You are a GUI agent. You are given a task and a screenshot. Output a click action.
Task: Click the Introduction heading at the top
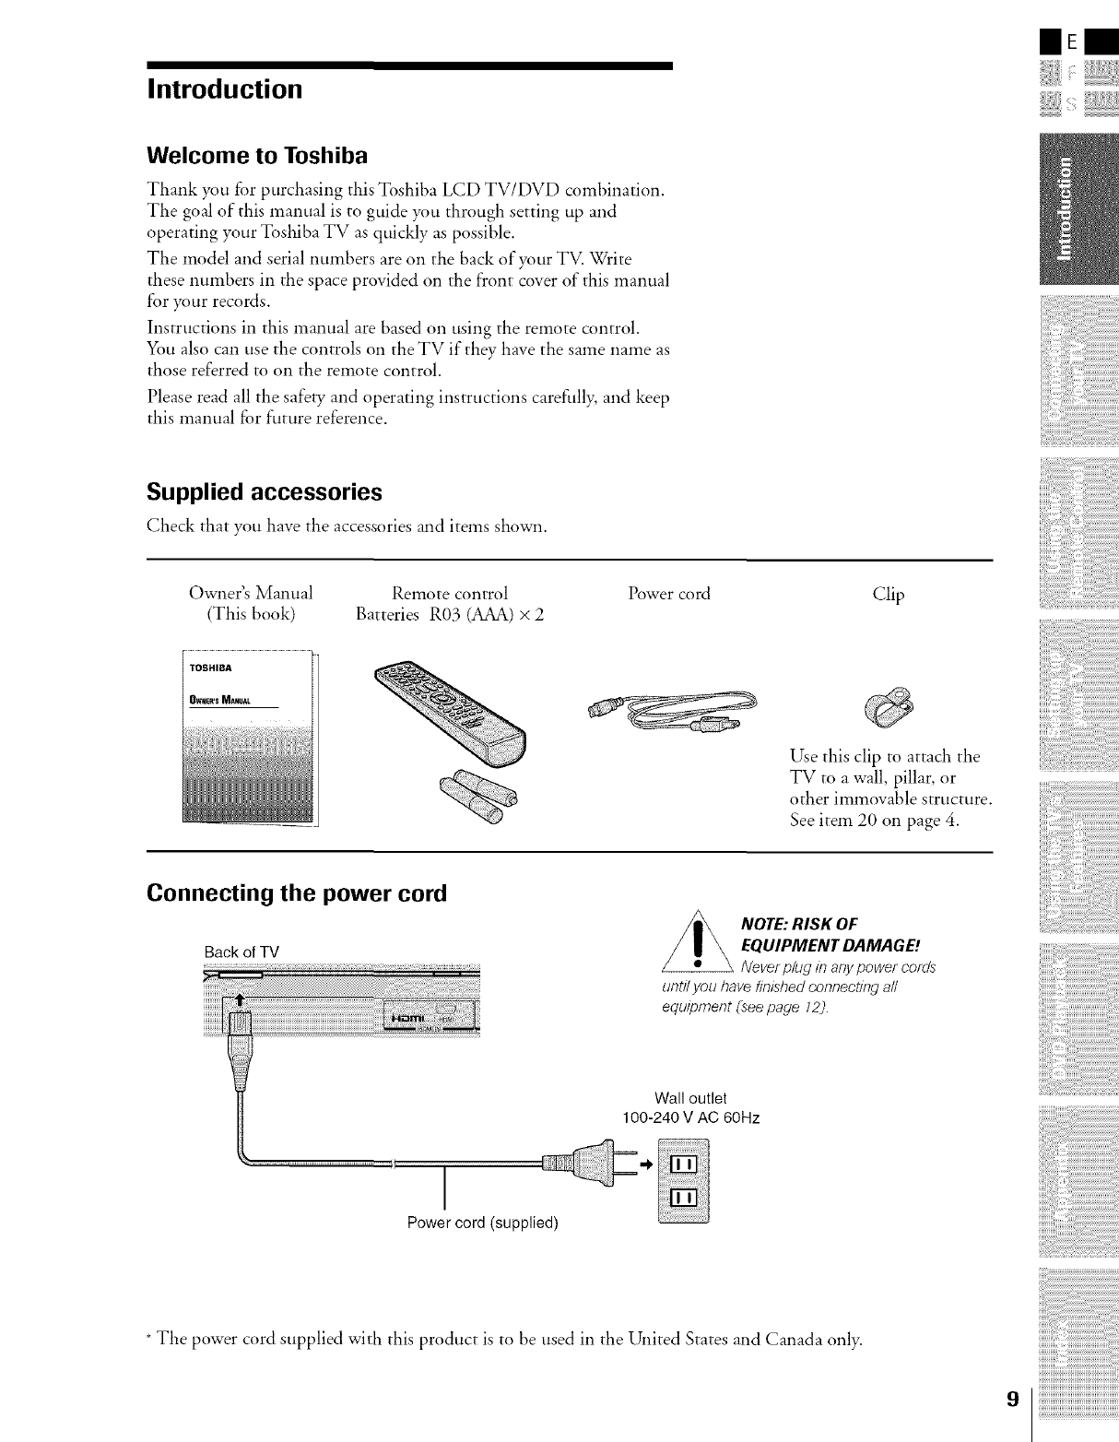[x=224, y=89]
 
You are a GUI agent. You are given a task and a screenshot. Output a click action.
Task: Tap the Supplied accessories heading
[x=264, y=491]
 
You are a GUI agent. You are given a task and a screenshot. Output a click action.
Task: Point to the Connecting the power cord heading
[x=296, y=893]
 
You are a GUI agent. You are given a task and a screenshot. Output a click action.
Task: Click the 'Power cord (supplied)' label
[x=483, y=1223]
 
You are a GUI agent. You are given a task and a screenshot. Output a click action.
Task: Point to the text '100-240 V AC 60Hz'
[x=691, y=1118]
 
